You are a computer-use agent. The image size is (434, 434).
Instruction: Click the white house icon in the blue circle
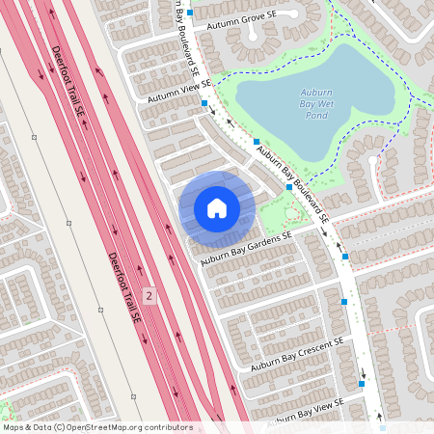tap(217, 208)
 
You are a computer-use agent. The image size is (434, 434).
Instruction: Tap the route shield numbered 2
tap(149, 294)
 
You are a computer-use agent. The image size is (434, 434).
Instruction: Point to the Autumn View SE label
tap(179, 92)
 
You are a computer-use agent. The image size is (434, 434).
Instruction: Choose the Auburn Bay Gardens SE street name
tap(246, 249)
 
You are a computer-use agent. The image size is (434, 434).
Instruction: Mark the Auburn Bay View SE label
tap(307, 412)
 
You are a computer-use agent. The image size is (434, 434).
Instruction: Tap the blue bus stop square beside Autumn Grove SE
tap(191, 13)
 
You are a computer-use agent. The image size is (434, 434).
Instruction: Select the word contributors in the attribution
tap(168, 427)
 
